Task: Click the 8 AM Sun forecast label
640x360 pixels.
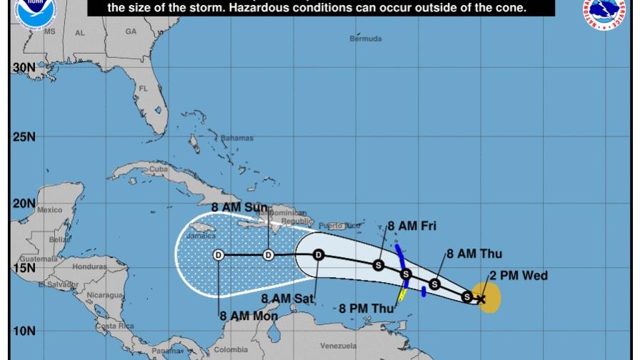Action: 239,208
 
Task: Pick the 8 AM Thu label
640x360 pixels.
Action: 474,254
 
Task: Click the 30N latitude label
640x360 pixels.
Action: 24,67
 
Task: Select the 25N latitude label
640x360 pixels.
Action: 24,136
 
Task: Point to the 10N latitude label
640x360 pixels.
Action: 24,331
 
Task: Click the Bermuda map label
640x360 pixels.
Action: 365,39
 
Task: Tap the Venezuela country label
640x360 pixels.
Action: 338,346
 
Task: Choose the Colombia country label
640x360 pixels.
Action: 231,349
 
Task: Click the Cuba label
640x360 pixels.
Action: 158,169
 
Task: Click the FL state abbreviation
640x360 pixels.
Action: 143,89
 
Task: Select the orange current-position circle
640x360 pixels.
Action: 486,297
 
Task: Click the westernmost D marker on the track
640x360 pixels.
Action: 219,255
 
